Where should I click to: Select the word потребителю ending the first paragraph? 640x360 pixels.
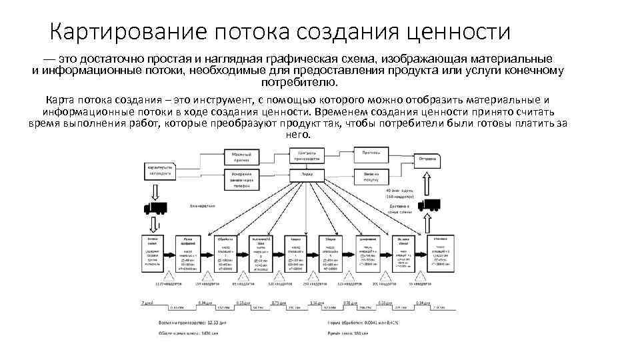click(x=300, y=83)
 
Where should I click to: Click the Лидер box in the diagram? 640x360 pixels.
click(x=307, y=174)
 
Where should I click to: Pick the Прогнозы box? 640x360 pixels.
click(x=371, y=154)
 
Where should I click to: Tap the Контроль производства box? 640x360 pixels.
click(x=307, y=155)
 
